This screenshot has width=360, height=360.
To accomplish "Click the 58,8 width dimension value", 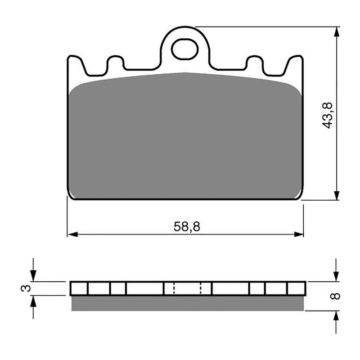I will [186, 226].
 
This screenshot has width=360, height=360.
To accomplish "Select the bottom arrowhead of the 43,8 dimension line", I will [336, 195].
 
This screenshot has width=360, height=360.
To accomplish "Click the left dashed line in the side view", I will [174, 288].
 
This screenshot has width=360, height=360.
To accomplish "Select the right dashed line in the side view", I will [201, 288].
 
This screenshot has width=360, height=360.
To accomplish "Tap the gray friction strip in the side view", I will [188, 303].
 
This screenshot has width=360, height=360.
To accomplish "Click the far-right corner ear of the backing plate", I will [296, 63].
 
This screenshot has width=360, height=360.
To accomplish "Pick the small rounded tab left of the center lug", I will [115, 63].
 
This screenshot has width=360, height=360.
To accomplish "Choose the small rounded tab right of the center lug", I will [255, 63].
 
